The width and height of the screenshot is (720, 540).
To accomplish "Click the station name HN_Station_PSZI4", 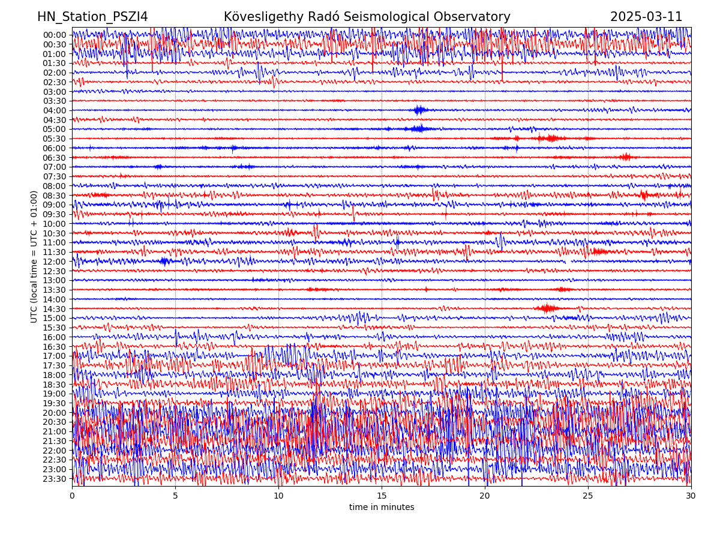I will pos(92,17).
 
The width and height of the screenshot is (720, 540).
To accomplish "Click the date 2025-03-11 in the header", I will pos(646,17).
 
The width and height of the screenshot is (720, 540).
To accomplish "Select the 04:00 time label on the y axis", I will pos(55,110).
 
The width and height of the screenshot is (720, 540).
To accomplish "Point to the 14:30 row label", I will pos(55,309).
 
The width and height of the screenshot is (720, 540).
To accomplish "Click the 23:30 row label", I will pos(55,479).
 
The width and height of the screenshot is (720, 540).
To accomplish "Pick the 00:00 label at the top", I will pos(55,35).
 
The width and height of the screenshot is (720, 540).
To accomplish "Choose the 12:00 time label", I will pos(55,262).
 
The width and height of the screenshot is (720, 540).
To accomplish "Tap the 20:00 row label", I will pos(55,413).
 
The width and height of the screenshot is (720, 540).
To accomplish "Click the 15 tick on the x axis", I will pos(382,496).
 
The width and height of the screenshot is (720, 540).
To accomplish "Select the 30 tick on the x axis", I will pos(691,496).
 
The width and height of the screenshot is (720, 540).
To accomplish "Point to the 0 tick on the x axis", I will pos(72,496).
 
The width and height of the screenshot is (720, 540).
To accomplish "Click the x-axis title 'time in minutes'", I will pos(382,508).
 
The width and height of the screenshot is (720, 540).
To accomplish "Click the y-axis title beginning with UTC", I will pos(34,256).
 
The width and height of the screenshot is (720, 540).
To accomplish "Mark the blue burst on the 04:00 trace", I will pos(419,110).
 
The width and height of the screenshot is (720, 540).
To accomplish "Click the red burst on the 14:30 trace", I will pos(547,308).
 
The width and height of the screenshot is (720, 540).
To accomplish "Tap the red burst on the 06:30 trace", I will pos(626,157).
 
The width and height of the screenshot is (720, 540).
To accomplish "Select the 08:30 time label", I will pos(55,196).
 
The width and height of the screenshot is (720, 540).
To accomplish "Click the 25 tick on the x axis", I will pos(588,496).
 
